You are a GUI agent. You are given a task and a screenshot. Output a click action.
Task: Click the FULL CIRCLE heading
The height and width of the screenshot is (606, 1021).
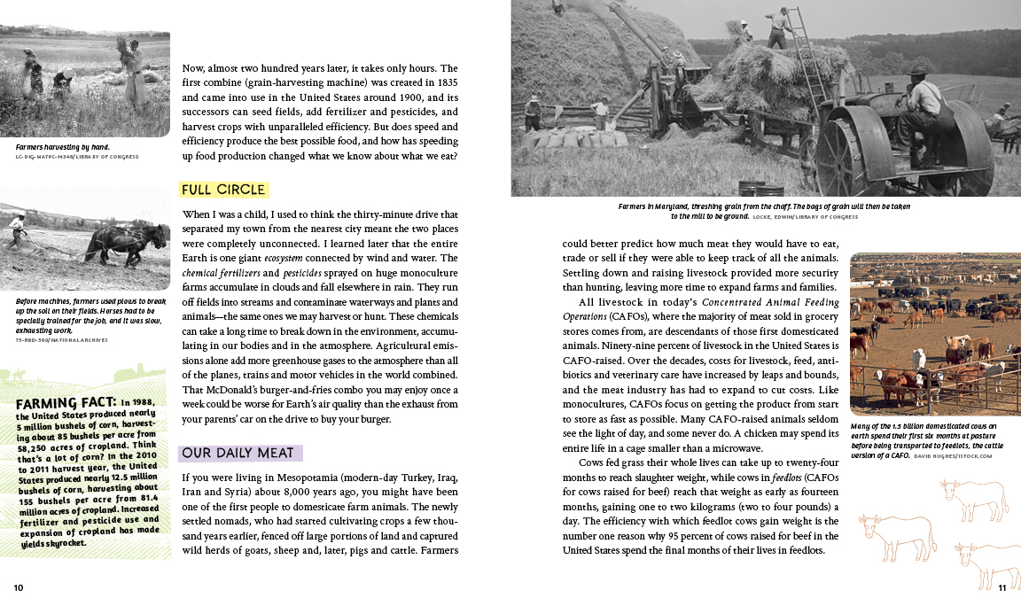[x=223, y=190]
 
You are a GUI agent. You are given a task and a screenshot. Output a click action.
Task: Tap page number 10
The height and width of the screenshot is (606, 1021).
[x=19, y=587]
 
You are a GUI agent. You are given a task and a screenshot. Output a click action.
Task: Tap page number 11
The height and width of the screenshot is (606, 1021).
[x=1002, y=587]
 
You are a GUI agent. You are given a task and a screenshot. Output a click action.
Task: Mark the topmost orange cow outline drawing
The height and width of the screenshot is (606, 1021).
[x=973, y=499]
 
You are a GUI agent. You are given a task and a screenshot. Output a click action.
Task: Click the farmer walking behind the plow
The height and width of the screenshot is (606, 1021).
[x=19, y=230]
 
